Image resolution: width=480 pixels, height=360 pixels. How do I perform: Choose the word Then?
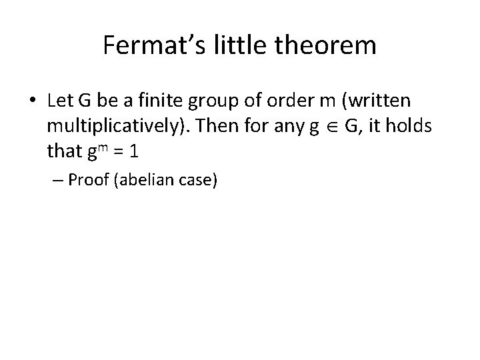pos(237,127)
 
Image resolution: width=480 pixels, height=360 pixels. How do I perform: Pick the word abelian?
pos(150,180)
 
